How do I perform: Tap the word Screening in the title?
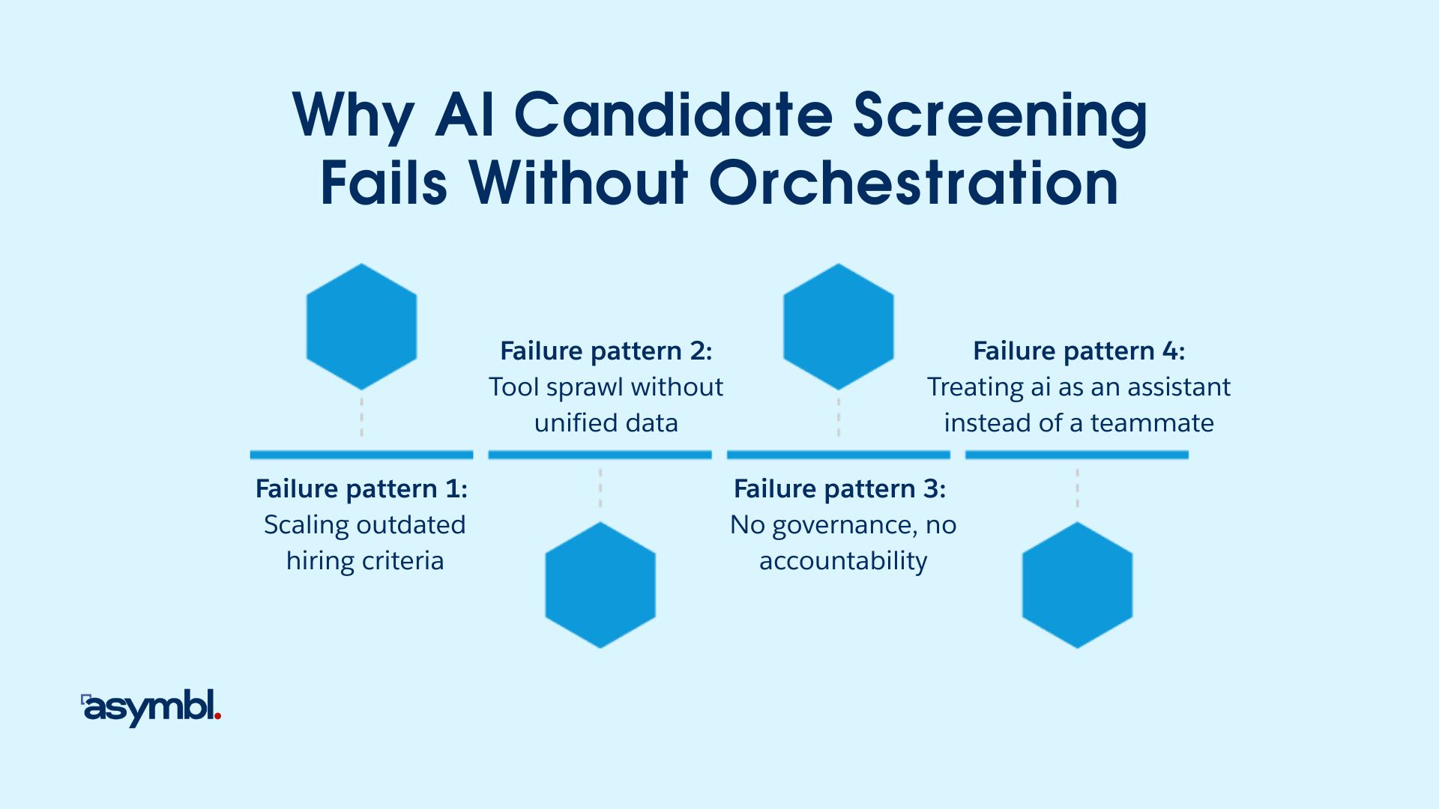[x=1000, y=116]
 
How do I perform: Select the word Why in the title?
[x=352, y=116]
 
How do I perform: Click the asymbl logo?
[x=151, y=707]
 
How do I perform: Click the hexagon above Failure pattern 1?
[x=361, y=327]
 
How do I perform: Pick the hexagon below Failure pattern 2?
[x=600, y=585]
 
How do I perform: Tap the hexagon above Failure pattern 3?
[x=838, y=327]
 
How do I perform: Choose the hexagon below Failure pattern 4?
[x=1077, y=585]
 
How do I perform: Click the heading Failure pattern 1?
[x=361, y=489]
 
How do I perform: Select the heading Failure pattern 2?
[x=606, y=351]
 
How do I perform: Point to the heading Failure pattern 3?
[x=839, y=489]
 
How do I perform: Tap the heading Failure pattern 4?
[x=1079, y=351]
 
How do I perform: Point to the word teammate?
[x=1152, y=423]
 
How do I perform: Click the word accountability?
[x=843, y=562]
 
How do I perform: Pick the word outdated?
[x=411, y=525]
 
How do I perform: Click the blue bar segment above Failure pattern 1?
[x=361, y=455]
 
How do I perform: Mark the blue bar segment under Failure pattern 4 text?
[x=1077, y=455]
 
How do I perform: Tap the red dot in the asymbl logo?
[x=217, y=717]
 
